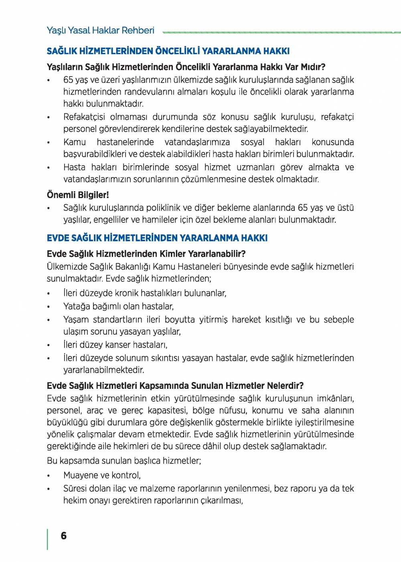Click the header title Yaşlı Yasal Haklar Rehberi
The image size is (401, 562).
100,30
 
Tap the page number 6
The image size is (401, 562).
63,536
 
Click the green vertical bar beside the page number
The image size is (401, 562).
48,539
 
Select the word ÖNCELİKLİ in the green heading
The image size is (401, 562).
177,51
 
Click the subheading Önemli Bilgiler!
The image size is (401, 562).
78,195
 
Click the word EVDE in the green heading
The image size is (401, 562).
58,238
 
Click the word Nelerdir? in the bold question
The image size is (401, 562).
284,386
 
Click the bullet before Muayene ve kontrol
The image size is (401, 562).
49,476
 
